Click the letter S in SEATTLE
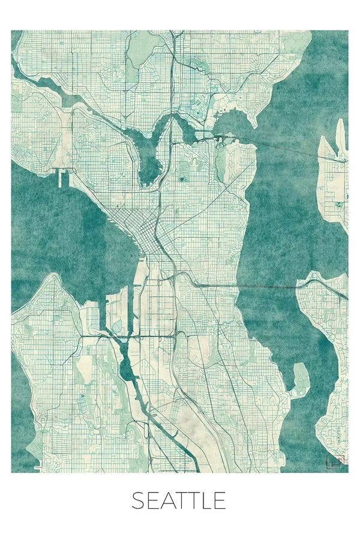point(139,500)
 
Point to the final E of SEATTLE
point(220,500)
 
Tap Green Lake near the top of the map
point(139,54)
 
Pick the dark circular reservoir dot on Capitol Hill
point(181,178)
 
